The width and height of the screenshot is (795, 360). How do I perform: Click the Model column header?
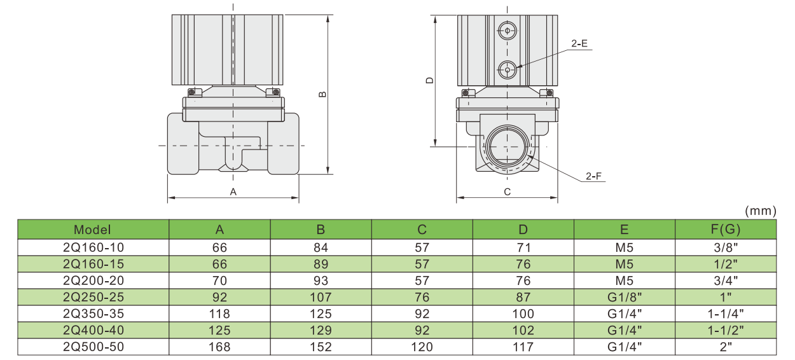(92, 230)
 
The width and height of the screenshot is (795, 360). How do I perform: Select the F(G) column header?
(725, 230)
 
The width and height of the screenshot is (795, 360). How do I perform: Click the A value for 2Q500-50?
(219, 347)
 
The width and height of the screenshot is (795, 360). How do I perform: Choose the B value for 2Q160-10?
(321, 247)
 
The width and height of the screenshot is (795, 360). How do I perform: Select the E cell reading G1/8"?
(624, 297)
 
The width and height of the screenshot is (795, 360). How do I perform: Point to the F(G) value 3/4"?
(725, 280)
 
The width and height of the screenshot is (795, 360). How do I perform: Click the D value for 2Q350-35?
(523, 314)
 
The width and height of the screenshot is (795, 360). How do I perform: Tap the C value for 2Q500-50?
(422, 347)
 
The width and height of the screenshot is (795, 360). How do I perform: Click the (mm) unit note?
(759, 211)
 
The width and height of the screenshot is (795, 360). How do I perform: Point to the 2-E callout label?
(579, 44)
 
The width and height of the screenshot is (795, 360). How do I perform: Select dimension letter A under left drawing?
(233, 191)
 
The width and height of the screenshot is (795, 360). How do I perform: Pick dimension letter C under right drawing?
(507, 191)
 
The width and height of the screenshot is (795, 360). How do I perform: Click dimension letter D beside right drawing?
(429, 81)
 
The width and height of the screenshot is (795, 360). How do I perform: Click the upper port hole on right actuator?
(507, 30)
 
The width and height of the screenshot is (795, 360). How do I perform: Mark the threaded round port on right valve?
(507, 147)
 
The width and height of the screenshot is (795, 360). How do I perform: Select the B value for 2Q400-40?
(321, 330)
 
